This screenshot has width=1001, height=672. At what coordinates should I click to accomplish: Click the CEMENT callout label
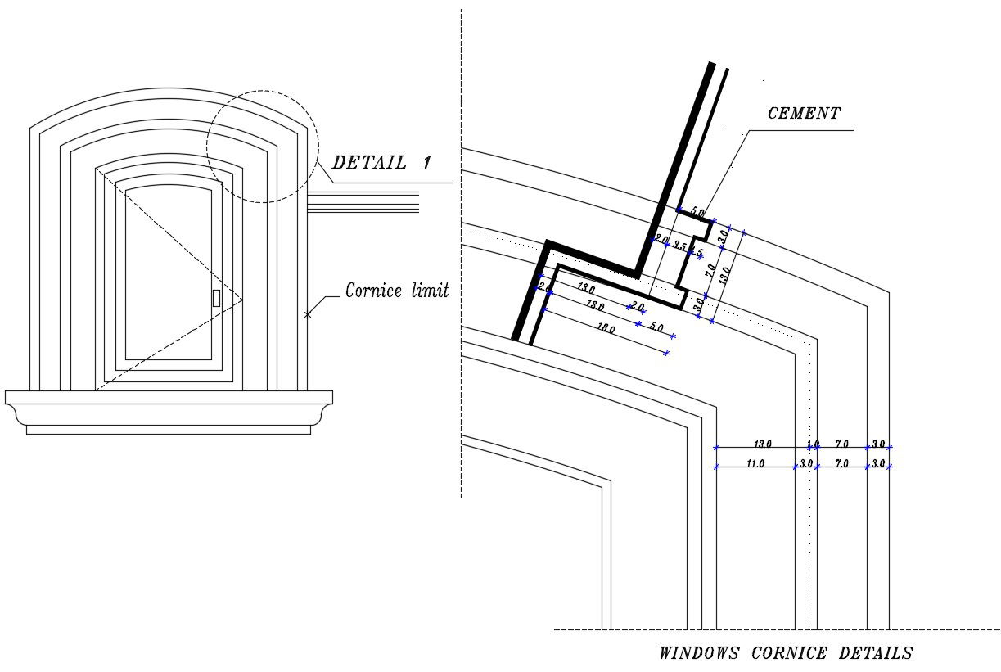pos(804,114)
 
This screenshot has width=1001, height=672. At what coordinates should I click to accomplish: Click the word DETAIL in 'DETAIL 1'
pos(368,162)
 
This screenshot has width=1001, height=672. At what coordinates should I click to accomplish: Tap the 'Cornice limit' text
pos(396,291)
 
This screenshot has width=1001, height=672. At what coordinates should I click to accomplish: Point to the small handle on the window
pos(216,298)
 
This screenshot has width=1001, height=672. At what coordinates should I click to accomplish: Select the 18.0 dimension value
pos(606,330)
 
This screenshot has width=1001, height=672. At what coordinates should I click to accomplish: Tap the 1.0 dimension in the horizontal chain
pos(813,444)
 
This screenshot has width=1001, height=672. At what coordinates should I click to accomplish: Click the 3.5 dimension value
pos(679,245)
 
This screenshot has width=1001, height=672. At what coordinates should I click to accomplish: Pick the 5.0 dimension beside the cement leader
pos(697,213)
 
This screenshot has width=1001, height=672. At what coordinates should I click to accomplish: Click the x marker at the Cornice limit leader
pos(308,314)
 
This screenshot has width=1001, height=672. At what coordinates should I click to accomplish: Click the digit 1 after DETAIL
pos(426,162)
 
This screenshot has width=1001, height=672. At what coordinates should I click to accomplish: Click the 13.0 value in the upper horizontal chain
pos(762,444)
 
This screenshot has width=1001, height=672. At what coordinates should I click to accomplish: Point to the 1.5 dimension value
pos(697,251)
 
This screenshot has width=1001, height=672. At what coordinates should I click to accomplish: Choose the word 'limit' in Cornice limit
pos(431,291)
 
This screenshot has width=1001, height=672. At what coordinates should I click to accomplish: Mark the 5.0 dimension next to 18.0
pos(656,327)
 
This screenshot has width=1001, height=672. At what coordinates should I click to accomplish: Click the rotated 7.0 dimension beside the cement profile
pos(711,269)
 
